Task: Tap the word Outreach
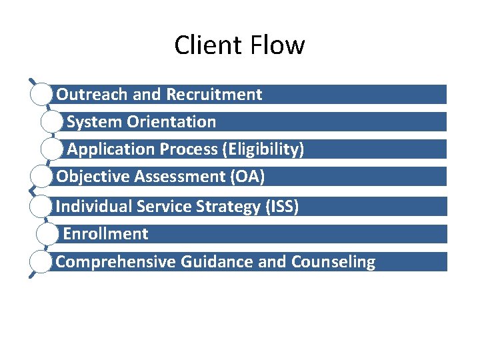pyautogui.click(x=92, y=95)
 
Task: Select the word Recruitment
pyautogui.click(x=214, y=95)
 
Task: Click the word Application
pyautogui.click(x=110, y=149)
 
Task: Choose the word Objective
pyautogui.click(x=93, y=177)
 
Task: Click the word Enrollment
pyautogui.click(x=106, y=234)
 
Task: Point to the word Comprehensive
pyautogui.click(x=116, y=262)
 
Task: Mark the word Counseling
pyautogui.click(x=333, y=262)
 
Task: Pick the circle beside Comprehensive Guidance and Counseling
pyautogui.click(x=41, y=262)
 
